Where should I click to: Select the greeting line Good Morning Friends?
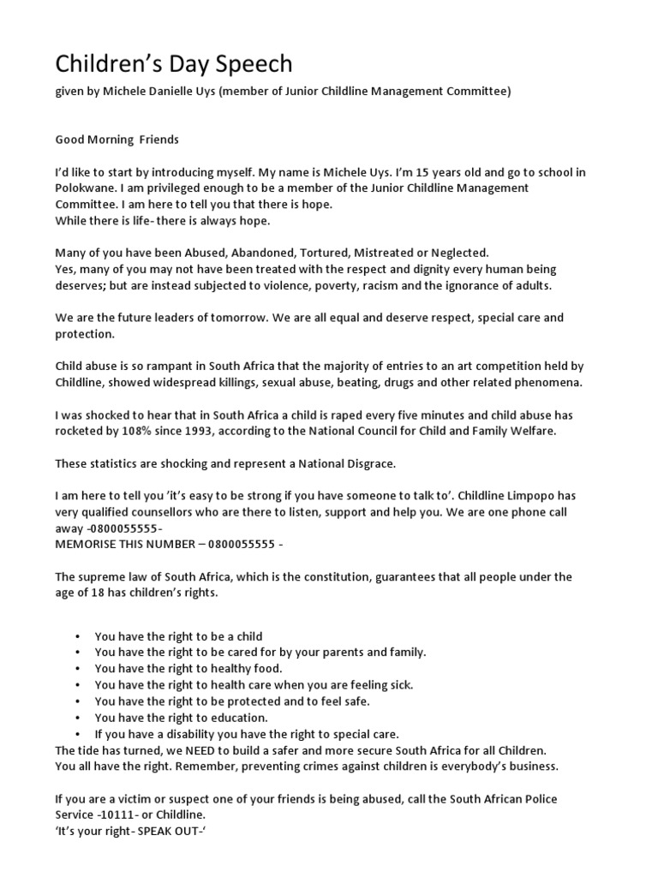click(117, 139)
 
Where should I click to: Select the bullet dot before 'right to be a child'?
click(77, 636)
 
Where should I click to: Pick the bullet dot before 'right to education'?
click(77, 717)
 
